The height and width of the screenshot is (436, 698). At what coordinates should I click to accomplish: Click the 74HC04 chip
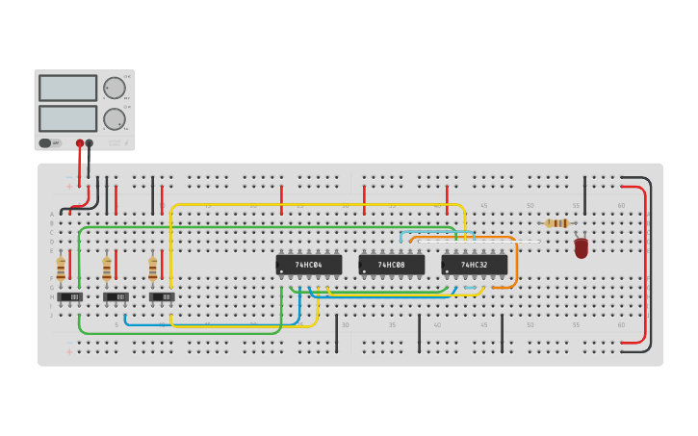point(308,265)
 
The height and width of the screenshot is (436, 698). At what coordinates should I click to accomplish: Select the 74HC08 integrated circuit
point(391,265)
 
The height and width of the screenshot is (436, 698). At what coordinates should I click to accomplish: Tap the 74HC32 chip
point(474,265)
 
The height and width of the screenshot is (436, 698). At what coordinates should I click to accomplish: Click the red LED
point(581,248)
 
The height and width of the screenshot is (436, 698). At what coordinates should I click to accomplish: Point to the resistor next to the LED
point(556,223)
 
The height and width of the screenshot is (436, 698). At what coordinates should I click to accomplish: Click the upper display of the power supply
point(67,88)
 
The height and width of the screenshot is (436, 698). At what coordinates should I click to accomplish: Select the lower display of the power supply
point(67,118)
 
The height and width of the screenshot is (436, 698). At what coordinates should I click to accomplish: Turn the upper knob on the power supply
point(115,88)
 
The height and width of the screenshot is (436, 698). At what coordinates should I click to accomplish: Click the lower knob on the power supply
point(115,119)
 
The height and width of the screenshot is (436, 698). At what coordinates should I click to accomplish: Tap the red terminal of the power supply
point(80,143)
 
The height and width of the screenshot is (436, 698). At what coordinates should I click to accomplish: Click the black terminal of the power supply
point(90,143)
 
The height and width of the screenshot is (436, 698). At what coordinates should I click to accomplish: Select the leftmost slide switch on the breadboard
point(69,297)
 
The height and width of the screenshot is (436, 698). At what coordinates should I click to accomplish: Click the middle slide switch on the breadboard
point(116,297)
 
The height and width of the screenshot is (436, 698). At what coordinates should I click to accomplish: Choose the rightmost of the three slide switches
point(162,297)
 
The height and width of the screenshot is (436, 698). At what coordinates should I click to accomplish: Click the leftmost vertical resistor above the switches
point(61,268)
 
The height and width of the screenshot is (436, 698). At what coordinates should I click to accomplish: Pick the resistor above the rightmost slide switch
point(152,268)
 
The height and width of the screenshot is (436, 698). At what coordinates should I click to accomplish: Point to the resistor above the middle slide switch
point(106,268)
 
